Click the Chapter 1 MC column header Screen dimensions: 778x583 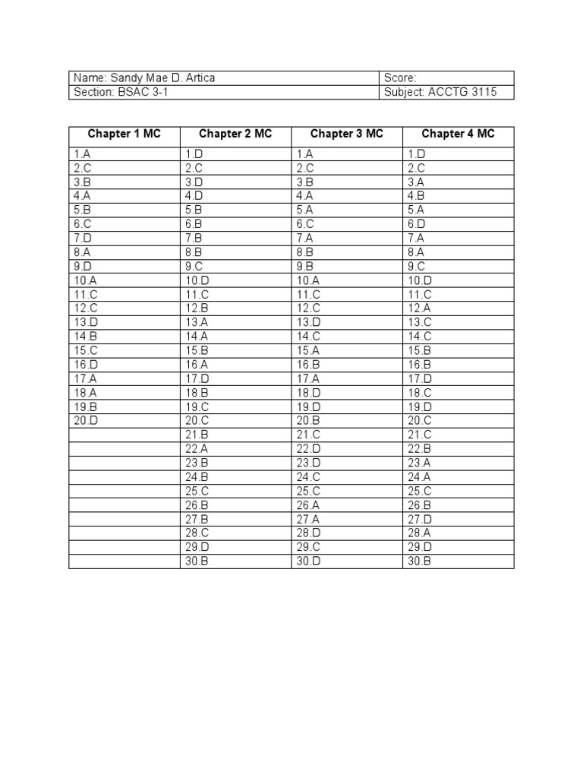pos(124,134)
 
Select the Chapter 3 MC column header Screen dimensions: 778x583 pos(347,134)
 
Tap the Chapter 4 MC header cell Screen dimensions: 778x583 pos(458,134)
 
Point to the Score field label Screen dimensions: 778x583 pos(401,78)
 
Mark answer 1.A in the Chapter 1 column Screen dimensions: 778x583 pos(83,154)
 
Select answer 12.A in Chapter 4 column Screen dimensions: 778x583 pos(419,308)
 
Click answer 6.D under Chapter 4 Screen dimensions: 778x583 pos(417,224)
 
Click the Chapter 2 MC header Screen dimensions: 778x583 pos(235,134)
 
